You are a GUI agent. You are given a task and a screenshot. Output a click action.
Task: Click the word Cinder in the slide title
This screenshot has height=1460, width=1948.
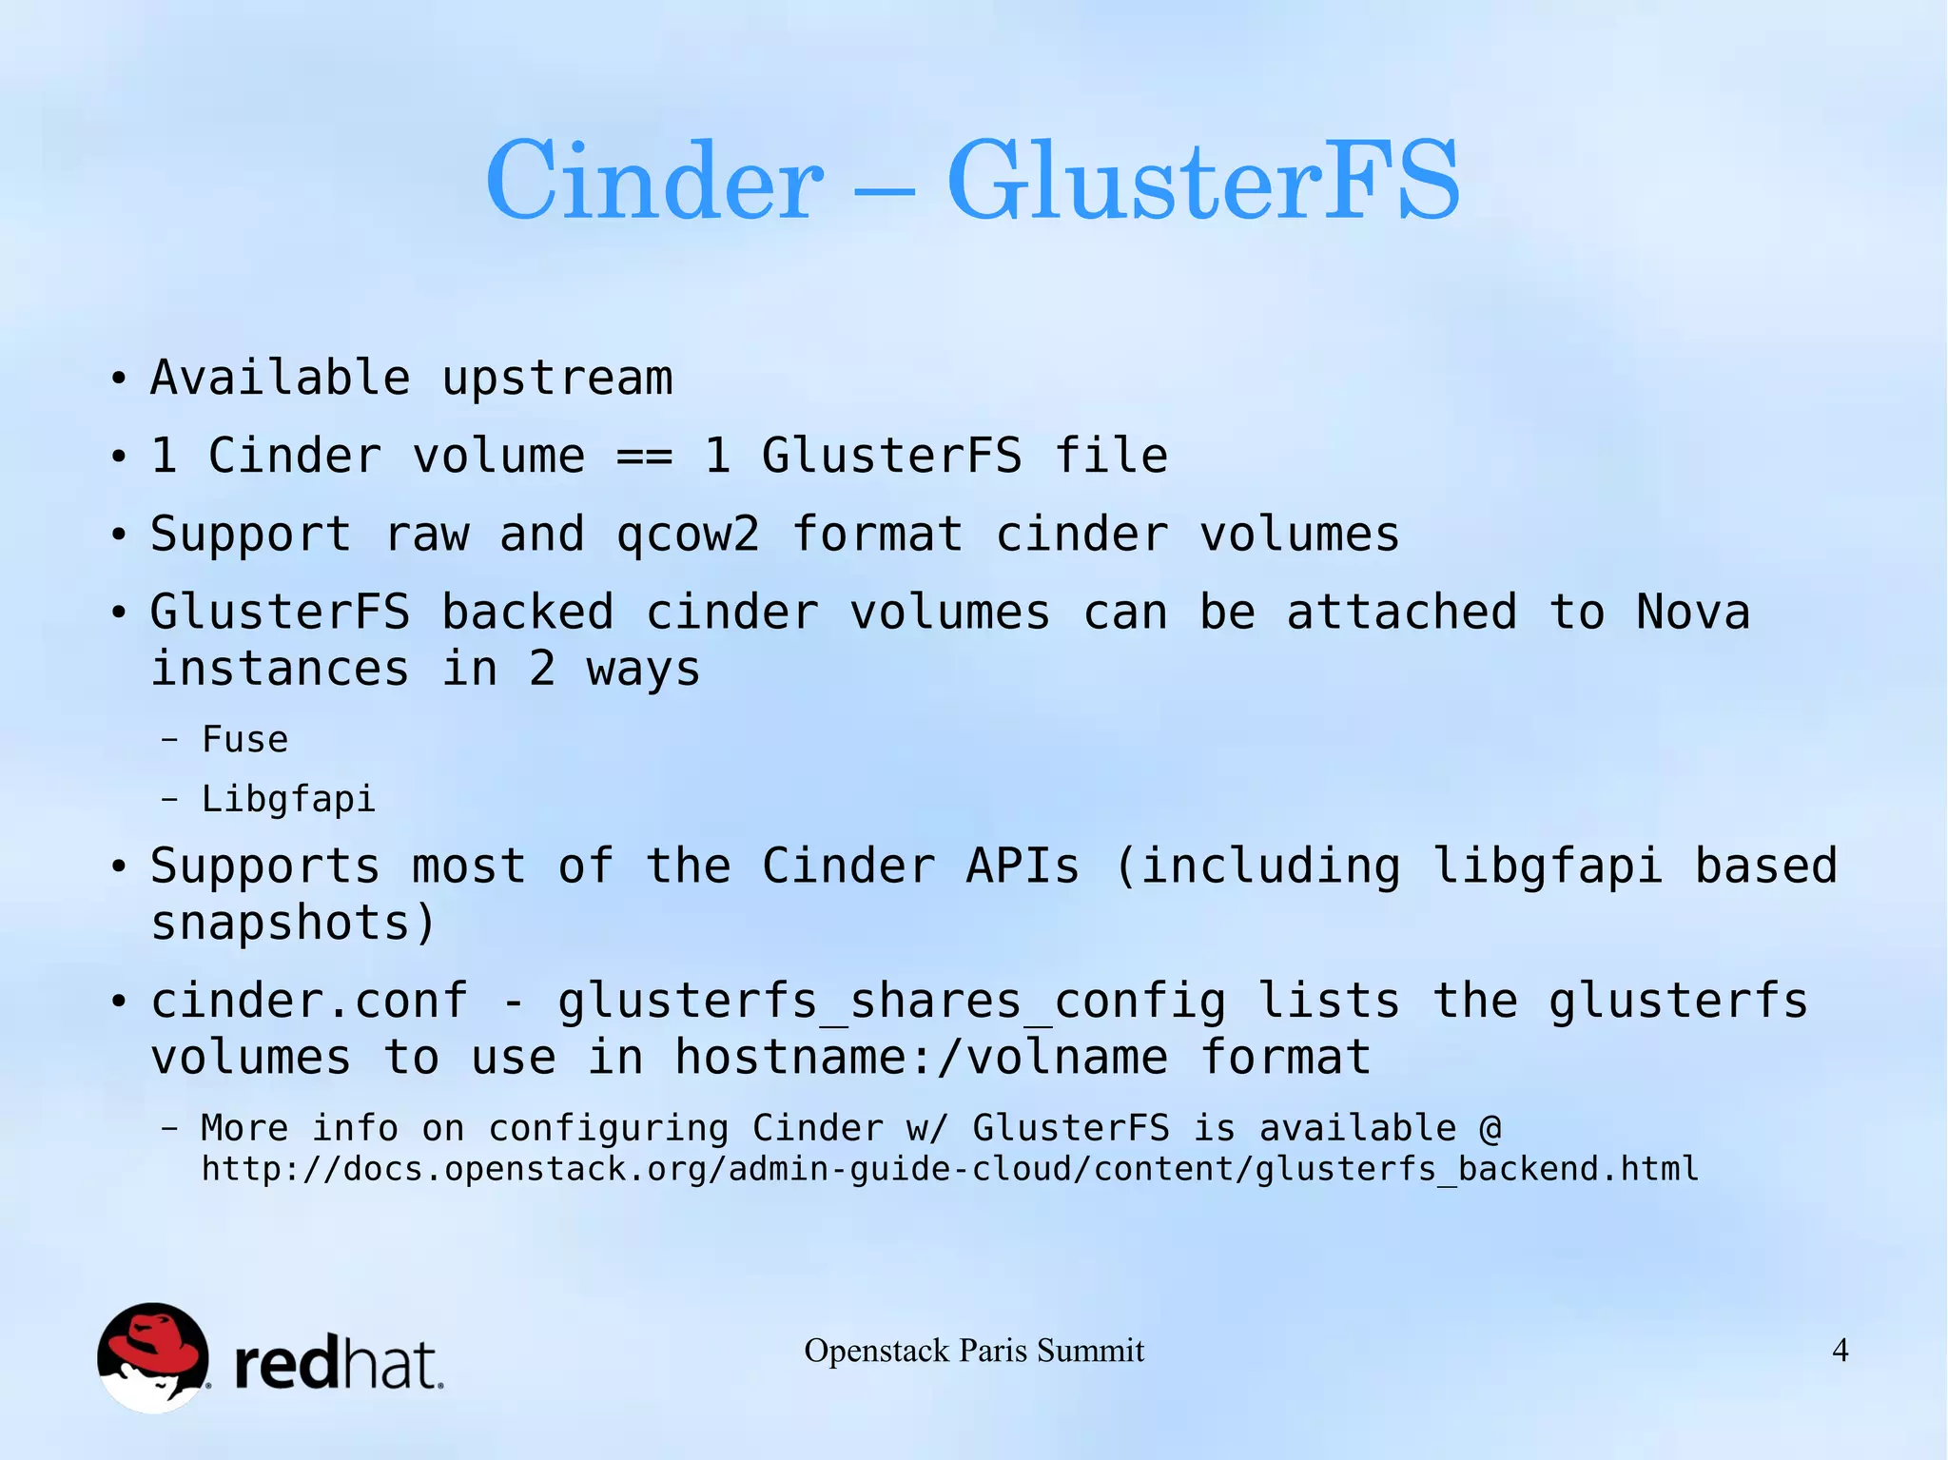point(653,181)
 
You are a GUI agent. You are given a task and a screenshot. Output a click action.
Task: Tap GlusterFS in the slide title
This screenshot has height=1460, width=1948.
point(1202,181)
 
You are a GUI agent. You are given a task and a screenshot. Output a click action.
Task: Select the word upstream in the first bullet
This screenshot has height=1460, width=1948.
point(557,379)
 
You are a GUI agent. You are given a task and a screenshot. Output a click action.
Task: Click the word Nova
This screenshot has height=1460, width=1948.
point(1693,613)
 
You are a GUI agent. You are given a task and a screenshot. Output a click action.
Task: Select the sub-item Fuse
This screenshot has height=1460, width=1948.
point(244,740)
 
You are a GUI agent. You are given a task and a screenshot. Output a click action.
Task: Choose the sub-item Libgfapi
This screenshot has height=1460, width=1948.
point(288,799)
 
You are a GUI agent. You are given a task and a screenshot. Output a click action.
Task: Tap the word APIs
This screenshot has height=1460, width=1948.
point(1023,866)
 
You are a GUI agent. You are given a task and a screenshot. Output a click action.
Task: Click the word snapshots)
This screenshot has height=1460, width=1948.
point(293,924)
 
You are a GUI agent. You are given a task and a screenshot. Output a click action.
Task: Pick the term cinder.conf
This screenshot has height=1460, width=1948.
point(309,1002)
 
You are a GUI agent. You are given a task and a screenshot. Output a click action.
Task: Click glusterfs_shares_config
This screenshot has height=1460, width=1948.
point(891,1002)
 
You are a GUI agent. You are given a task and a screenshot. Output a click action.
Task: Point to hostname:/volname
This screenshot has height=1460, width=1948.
point(921,1058)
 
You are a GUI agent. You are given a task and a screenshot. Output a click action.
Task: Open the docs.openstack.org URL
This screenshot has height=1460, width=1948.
point(949,1169)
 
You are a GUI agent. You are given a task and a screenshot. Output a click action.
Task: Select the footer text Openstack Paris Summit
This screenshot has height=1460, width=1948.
point(974,1351)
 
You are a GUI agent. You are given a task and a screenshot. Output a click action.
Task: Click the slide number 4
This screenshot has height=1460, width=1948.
point(1841,1351)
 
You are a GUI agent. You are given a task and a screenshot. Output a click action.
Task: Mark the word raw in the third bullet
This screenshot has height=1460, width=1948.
point(426,535)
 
